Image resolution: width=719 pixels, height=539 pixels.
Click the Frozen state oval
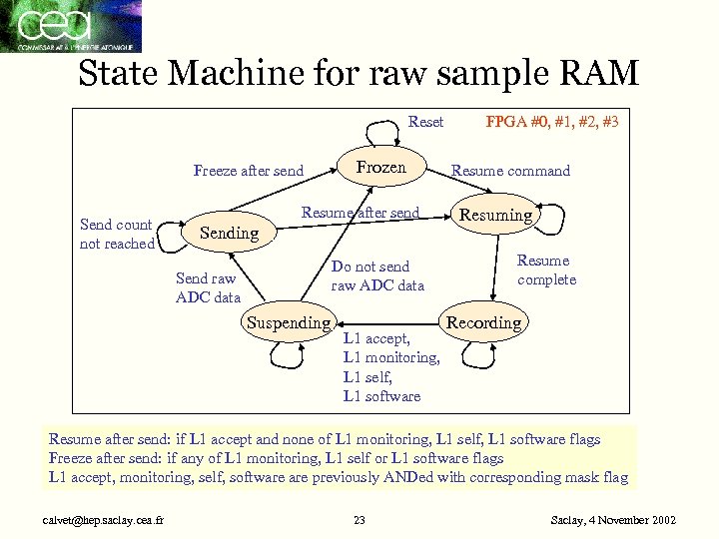click(x=382, y=168)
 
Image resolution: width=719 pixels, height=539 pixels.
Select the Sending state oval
click(x=230, y=233)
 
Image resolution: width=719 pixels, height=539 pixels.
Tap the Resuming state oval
click(x=496, y=215)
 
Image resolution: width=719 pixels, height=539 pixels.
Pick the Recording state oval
click(x=483, y=322)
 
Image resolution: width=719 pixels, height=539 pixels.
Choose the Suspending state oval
click(x=289, y=322)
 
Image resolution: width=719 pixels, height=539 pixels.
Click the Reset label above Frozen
click(x=425, y=122)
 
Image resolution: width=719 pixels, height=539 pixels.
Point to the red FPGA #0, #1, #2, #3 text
click(x=551, y=122)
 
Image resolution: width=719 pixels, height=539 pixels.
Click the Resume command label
click(x=510, y=171)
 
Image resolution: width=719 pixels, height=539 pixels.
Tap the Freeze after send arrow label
click(x=248, y=171)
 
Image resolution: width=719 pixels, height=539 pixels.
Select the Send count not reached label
click(x=117, y=235)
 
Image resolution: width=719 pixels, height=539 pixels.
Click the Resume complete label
click(x=546, y=270)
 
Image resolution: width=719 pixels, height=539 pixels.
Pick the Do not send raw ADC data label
click(x=376, y=276)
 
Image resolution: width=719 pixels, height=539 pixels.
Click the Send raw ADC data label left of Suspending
click(x=208, y=287)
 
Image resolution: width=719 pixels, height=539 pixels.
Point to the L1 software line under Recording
click(x=381, y=396)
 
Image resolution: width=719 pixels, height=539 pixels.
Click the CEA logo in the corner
click(x=70, y=26)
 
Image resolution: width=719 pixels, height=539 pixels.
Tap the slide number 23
click(x=359, y=520)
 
